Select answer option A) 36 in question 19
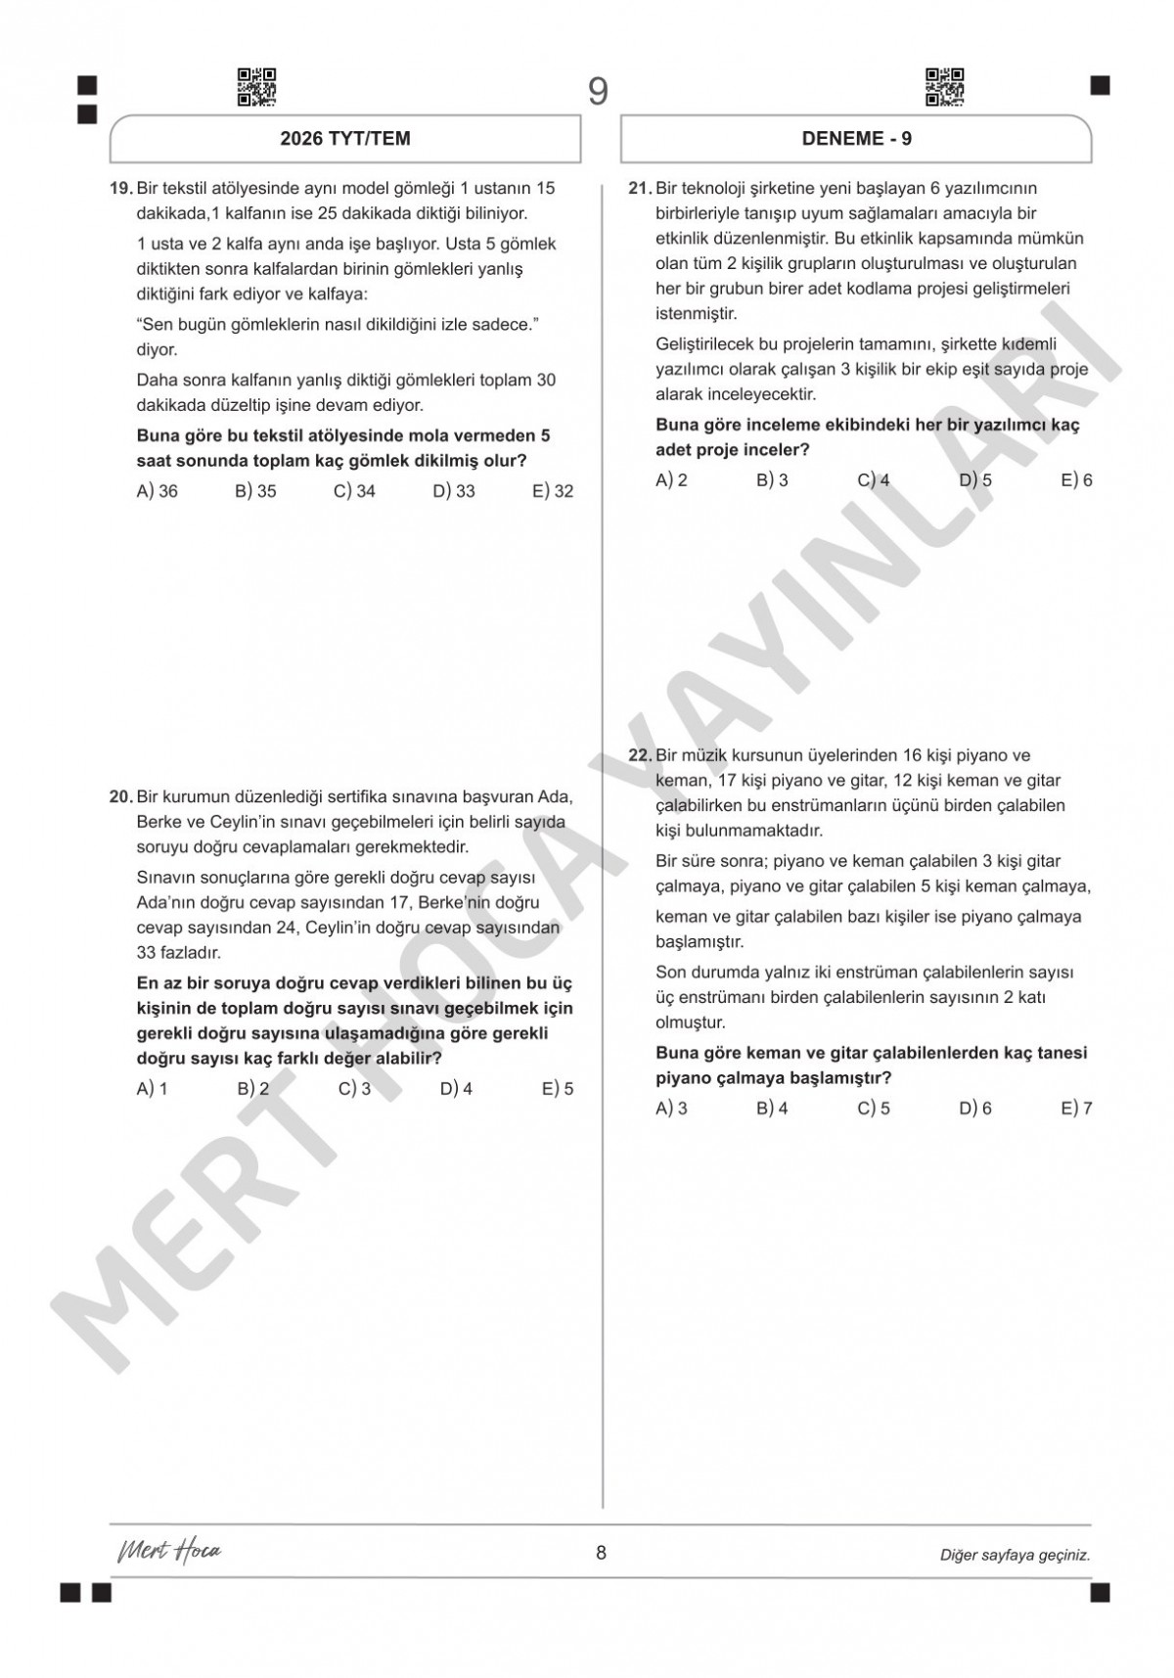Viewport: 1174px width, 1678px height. point(157,491)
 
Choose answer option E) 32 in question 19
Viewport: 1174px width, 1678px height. point(553,491)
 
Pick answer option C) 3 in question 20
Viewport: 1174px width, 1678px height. point(354,1089)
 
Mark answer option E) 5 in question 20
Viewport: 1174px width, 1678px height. point(558,1089)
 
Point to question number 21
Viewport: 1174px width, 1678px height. point(640,188)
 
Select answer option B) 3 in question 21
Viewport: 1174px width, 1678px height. point(772,480)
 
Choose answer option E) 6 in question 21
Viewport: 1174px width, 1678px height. point(1076,480)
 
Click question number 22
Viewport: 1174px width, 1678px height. point(640,755)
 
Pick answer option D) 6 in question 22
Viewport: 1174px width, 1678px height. point(975,1109)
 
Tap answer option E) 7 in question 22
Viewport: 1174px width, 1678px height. point(1076,1109)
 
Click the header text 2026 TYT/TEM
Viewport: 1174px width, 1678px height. point(345,139)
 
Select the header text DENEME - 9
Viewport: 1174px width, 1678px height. point(857,139)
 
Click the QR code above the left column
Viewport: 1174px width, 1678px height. point(257,87)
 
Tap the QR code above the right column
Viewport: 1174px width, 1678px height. point(945,87)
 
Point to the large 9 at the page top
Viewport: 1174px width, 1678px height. point(598,92)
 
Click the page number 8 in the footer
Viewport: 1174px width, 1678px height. point(601,1553)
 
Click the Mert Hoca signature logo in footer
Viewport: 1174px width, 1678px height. point(169,1552)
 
